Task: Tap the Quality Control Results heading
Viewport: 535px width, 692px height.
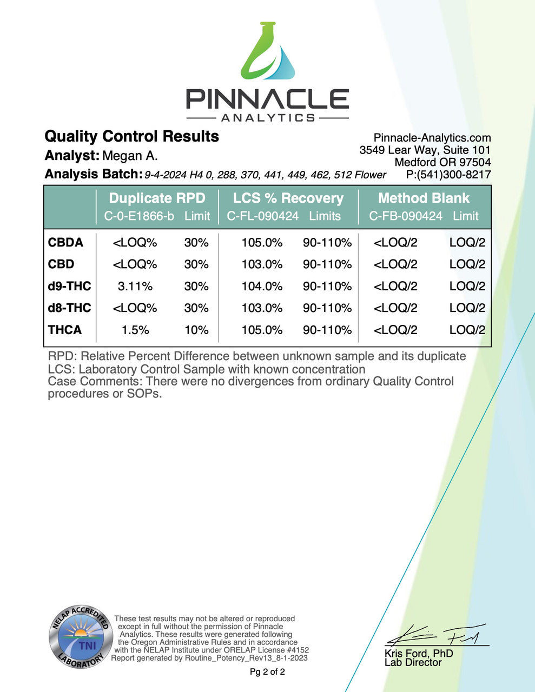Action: pyautogui.click(x=131, y=136)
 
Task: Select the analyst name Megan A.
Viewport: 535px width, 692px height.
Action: pyautogui.click(x=130, y=156)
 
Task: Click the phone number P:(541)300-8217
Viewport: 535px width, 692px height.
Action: pyautogui.click(x=448, y=175)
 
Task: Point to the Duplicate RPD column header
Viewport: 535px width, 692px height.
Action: pyautogui.click(x=157, y=198)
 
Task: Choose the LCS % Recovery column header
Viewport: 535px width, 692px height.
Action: pyautogui.click(x=288, y=198)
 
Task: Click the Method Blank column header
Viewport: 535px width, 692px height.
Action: pyautogui.click(x=424, y=198)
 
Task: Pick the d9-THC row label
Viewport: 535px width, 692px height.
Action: pyautogui.click(x=69, y=286)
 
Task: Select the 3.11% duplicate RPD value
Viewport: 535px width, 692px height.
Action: pyautogui.click(x=135, y=286)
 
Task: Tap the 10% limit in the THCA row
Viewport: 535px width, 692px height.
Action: pyautogui.click(x=196, y=330)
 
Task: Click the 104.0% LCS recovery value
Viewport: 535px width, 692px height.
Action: pyautogui.click(x=262, y=286)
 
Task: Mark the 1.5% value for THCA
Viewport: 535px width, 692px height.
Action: pyautogui.click(x=135, y=330)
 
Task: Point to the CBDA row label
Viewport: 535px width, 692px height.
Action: pyautogui.click(x=65, y=243)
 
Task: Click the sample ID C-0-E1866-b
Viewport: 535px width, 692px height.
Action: pyautogui.click(x=139, y=216)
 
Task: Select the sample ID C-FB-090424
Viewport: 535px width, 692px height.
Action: pyautogui.click(x=406, y=216)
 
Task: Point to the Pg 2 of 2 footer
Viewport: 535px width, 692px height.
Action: pyautogui.click(x=267, y=672)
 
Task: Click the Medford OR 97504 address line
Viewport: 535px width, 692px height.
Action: pyautogui.click(x=442, y=162)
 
